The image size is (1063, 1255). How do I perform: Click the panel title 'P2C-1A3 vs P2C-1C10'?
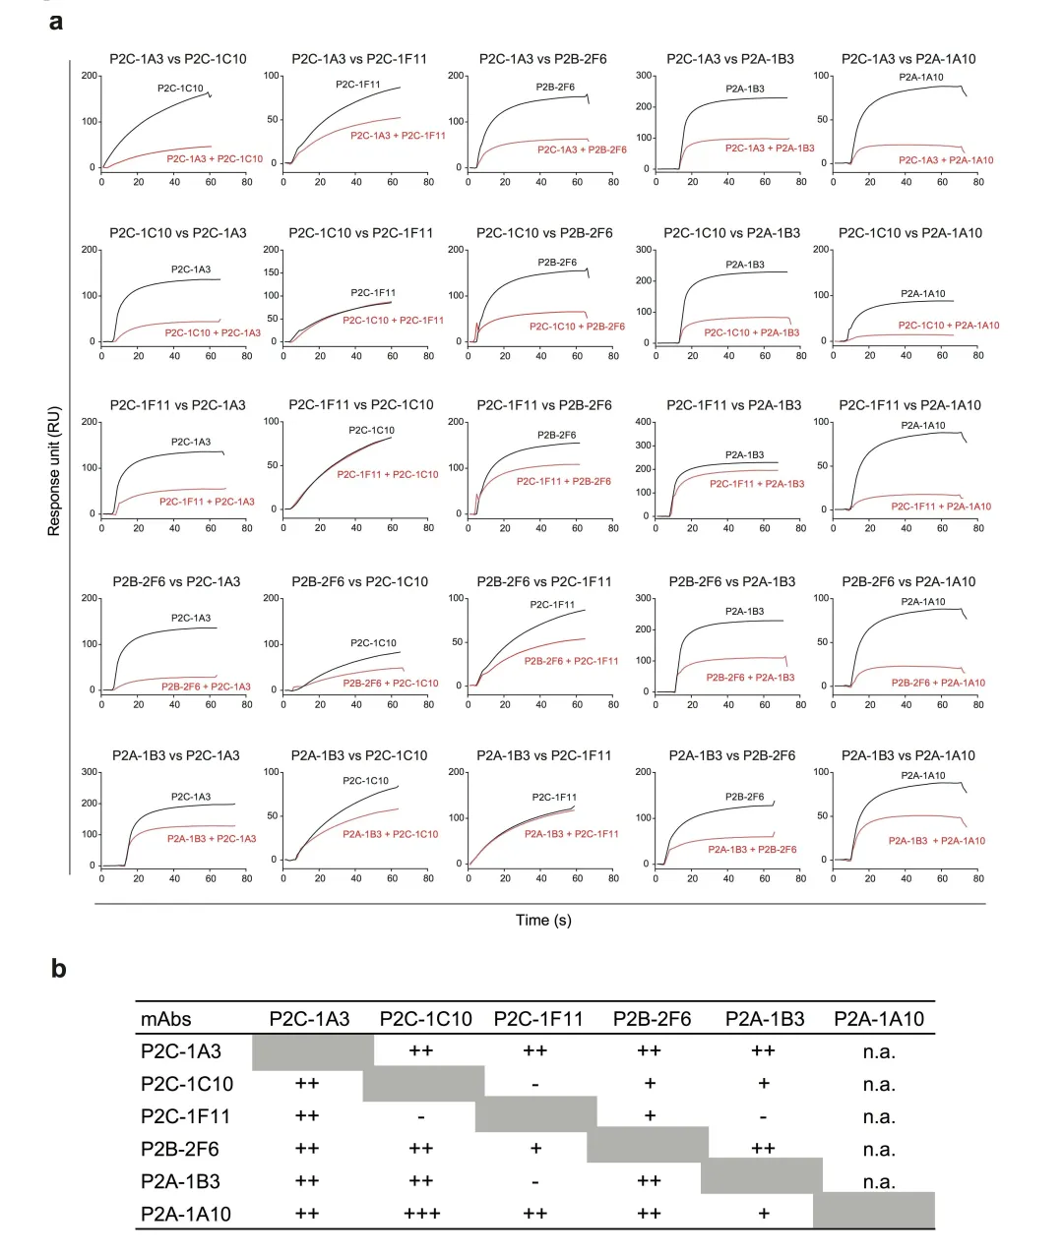tap(177, 59)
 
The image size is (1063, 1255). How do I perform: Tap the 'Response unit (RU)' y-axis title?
tap(54, 471)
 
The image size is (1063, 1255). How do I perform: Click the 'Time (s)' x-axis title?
tap(543, 921)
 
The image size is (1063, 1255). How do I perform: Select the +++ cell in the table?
tap(422, 1214)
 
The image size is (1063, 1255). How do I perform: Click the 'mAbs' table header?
tap(165, 1019)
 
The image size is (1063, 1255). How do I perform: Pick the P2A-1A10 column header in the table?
tap(879, 1019)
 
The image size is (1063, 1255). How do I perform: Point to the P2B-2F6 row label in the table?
tap(179, 1149)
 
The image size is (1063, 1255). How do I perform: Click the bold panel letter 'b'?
tap(59, 969)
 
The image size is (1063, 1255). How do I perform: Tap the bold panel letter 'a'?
tap(56, 21)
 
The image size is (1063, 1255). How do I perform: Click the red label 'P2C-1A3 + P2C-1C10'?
tap(215, 158)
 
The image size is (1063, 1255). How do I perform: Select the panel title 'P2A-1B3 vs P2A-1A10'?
tap(908, 755)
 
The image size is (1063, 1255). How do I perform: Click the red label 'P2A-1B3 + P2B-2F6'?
tap(752, 849)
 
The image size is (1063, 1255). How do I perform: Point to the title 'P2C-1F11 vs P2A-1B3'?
tap(733, 405)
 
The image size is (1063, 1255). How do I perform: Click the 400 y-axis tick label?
tap(641, 422)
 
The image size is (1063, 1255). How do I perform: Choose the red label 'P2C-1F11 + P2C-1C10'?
tap(388, 474)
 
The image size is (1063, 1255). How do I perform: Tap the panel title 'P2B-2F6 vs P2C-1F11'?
tap(544, 581)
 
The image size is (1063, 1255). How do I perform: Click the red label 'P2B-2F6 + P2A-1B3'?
tap(750, 678)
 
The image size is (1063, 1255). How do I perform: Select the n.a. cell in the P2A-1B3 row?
tap(879, 1181)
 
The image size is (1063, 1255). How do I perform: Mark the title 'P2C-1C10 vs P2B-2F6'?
tap(544, 233)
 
